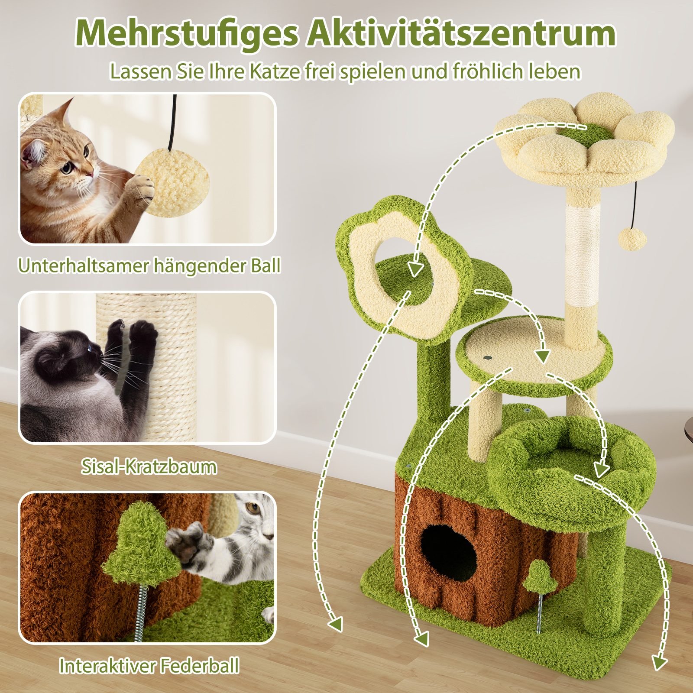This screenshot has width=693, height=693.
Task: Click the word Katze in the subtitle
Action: tap(275, 71)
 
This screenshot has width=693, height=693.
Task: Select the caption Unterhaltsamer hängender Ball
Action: tap(149, 265)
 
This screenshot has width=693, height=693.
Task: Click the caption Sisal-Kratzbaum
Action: tap(149, 466)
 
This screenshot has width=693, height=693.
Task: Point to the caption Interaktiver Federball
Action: tap(149, 665)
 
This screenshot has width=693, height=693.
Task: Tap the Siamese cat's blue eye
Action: tap(90, 347)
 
